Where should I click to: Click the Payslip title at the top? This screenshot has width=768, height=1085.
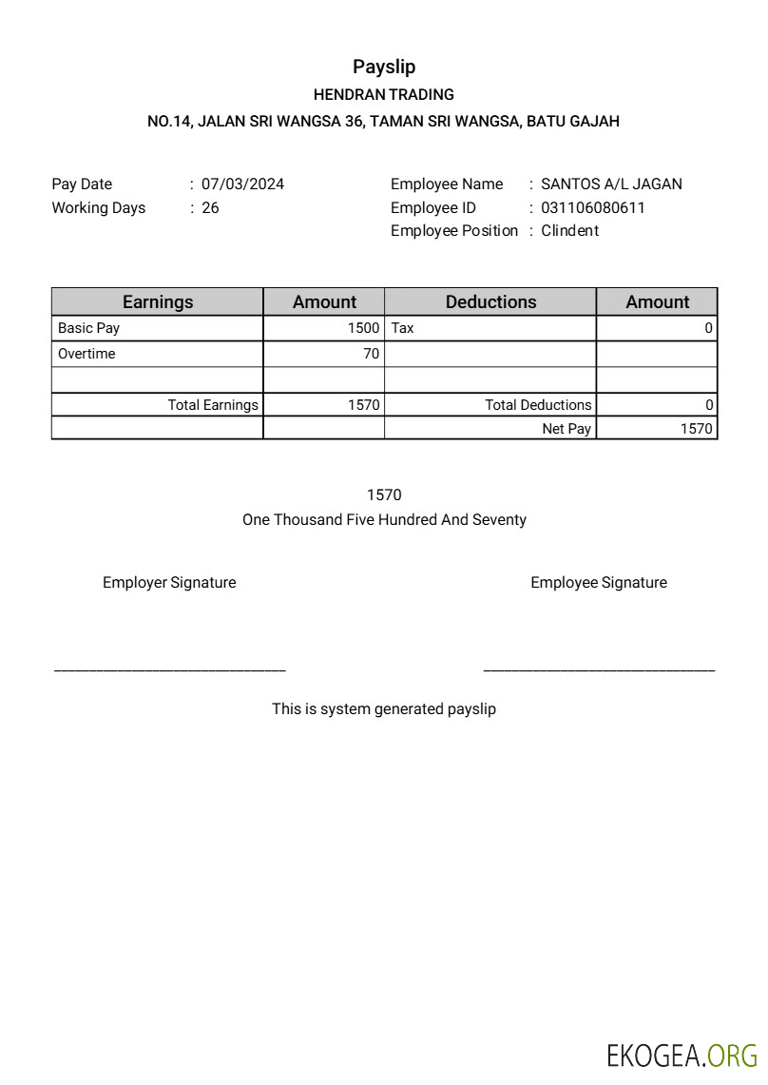(x=384, y=67)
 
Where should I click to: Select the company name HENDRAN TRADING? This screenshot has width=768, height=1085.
(x=384, y=94)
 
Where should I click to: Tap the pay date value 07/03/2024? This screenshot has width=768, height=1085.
(x=242, y=184)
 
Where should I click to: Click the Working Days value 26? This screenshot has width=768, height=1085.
(x=210, y=207)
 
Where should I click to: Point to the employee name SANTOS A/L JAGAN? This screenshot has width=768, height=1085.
(x=611, y=184)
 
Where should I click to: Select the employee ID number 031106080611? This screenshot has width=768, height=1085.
(x=592, y=207)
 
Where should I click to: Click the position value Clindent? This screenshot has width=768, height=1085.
(x=569, y=230)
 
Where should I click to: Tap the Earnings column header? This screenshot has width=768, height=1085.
(x=158, y=302)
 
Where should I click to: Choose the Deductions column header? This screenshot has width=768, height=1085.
(x=490, y=302)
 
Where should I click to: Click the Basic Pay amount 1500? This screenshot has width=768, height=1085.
(x=363, y=328)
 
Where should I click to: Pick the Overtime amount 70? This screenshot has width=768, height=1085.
(x=371, y=354)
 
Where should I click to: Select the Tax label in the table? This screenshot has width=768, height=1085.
(x=403, y=328)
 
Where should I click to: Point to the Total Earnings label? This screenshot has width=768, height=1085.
(x=213, y=405)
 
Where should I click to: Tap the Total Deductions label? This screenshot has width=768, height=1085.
(x=538, y=405)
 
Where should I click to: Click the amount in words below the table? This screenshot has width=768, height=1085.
(x=384, y=520)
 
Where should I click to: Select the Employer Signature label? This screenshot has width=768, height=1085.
(x=169, y=583)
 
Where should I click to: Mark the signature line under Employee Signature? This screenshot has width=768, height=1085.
(x=599, y=671)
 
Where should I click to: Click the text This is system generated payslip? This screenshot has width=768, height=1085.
(x=384, y=708)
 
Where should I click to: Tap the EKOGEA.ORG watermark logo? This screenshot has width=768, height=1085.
(x=682, y=1056)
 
